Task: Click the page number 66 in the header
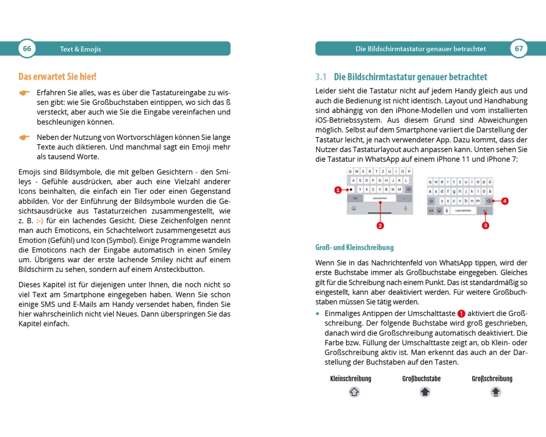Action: (x=26, y=49)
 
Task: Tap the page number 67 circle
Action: (x=519, y=49)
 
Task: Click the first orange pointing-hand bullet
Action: (x=25, y=93)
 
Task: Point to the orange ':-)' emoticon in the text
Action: (x=40, y=221)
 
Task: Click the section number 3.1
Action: (x=321, y=77)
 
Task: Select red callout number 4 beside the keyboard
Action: (x=505, y=201)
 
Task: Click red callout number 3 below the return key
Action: (x=485, y=225)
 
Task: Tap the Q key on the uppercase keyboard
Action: (x=351, y=172)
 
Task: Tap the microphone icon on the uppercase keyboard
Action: (x=406, y=208)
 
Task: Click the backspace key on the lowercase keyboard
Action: (x=488, y=201)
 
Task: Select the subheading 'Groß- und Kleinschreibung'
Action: (x=354, y=247)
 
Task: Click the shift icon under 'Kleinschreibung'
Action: (x=354, y=392)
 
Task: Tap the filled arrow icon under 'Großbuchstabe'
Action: (x=425, y=392)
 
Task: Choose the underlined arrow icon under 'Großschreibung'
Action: (x=495, y=392)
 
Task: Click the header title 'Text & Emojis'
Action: (x=80, y=49)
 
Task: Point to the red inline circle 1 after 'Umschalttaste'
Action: (x=461, y=314)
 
